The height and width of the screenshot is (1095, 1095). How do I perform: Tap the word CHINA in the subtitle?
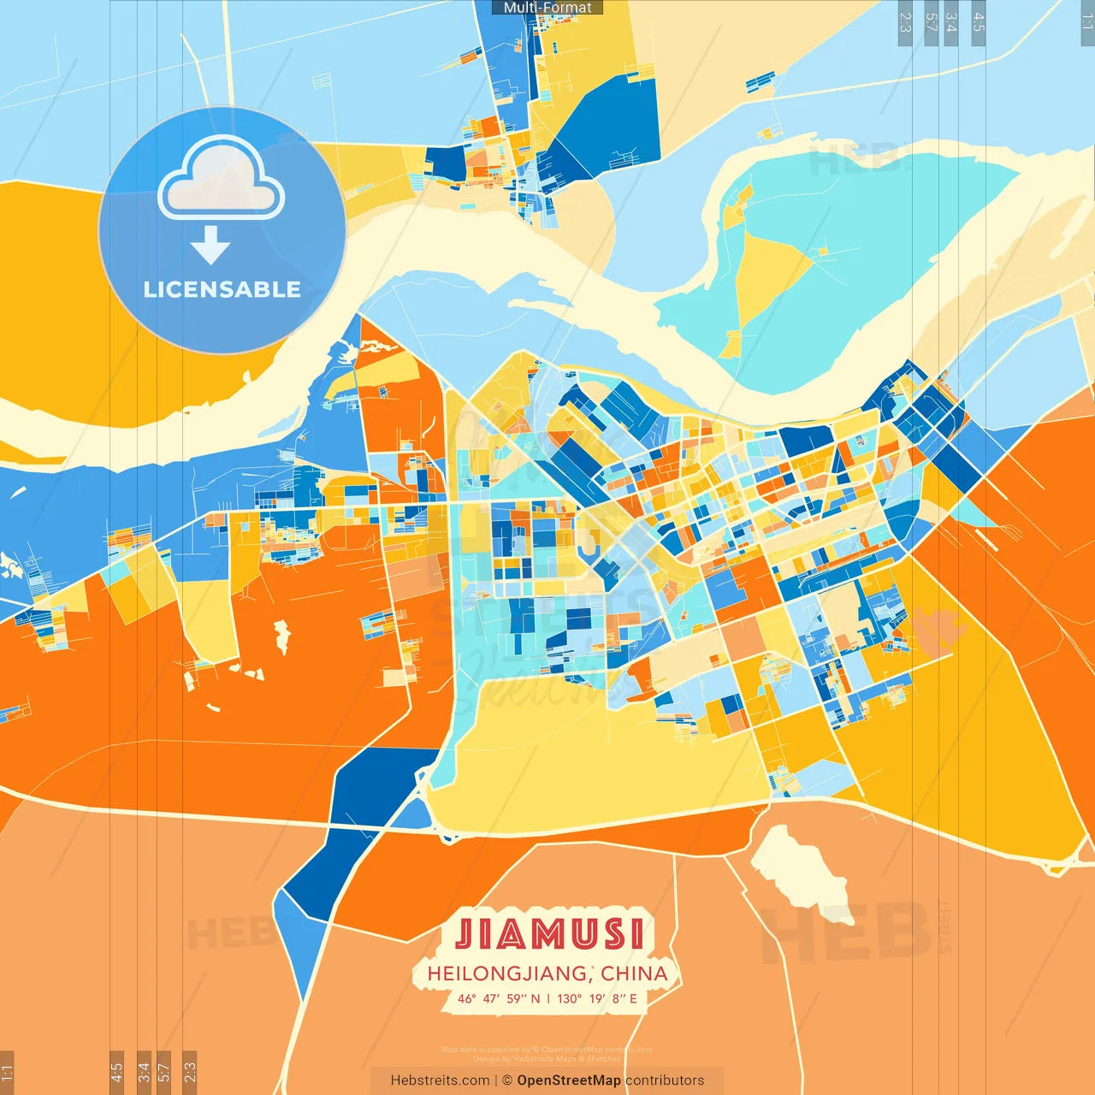(x=634, y=974)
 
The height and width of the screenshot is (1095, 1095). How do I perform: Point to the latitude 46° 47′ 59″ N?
(x=499, y=998)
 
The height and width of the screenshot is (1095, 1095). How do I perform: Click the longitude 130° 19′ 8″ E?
(x=597, y=998)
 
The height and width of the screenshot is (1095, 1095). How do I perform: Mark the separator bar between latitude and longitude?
(x=548, y=998)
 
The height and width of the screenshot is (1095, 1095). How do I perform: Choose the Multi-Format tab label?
(x=547, y=8)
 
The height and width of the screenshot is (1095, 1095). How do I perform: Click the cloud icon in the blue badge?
(x=222, y=181)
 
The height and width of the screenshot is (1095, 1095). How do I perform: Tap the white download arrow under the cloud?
(x=210, y=245)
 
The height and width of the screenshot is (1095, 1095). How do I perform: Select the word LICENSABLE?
(x=222, y=289)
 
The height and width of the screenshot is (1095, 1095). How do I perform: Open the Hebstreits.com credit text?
(x=440, y=1080)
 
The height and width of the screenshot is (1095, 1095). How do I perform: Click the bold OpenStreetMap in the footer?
(x=568, y=1080)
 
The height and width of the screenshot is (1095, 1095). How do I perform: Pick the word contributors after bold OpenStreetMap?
(x=665, y=1080)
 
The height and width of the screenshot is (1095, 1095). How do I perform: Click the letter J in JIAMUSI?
(x=465, y=933)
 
